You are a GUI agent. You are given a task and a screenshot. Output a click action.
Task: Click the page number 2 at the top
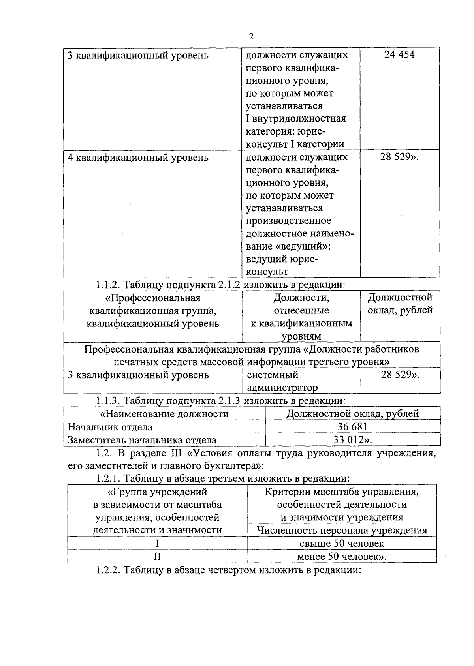click(251, 37)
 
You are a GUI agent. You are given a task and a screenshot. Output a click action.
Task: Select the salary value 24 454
click(399, 54)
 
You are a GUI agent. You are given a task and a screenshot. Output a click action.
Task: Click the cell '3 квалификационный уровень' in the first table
click(138, 55)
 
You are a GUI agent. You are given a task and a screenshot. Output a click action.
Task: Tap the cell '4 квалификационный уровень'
click(138, 158)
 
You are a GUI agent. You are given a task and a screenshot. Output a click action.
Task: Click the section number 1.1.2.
click(108, 285)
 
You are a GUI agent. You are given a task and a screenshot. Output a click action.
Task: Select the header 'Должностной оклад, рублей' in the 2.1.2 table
click(400, 304)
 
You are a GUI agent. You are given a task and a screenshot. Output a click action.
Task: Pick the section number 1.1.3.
click(108, 401)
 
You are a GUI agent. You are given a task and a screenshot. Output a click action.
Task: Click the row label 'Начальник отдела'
click(110, 427)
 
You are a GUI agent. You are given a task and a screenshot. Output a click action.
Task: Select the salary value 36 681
click(352, 427)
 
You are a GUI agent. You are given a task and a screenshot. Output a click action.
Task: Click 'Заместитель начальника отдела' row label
click(142, 440)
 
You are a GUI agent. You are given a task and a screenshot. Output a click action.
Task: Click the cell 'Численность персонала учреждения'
click(342, 530)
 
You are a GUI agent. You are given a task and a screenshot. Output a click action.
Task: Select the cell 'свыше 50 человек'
click(342, 544)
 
